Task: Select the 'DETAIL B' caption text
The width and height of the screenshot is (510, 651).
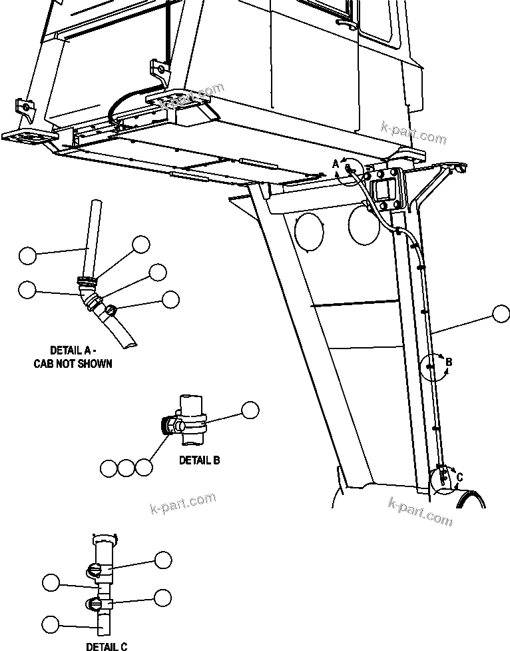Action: (199, 460)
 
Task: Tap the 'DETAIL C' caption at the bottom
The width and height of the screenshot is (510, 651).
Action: (107, 646)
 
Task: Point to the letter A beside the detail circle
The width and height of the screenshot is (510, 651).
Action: (336, 164)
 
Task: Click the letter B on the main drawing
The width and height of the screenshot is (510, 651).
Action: (449, 362)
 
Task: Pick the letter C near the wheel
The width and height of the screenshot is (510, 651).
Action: (459, 477)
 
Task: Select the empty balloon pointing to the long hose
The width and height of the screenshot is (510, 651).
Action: (501, 314)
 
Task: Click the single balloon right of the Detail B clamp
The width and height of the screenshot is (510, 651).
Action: (250, 410)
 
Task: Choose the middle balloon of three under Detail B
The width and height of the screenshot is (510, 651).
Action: (127, 468)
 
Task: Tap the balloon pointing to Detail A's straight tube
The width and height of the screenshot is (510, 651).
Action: (27, 255)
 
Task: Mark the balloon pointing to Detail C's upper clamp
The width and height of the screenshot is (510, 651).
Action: (163, 560)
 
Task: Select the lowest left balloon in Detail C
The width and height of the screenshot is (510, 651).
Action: (51, 624)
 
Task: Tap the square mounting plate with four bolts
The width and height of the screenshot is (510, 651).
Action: (385, 191)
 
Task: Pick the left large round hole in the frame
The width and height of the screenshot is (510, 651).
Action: (309, 231)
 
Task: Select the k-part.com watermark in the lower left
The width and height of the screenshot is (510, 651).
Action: (183, 503)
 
